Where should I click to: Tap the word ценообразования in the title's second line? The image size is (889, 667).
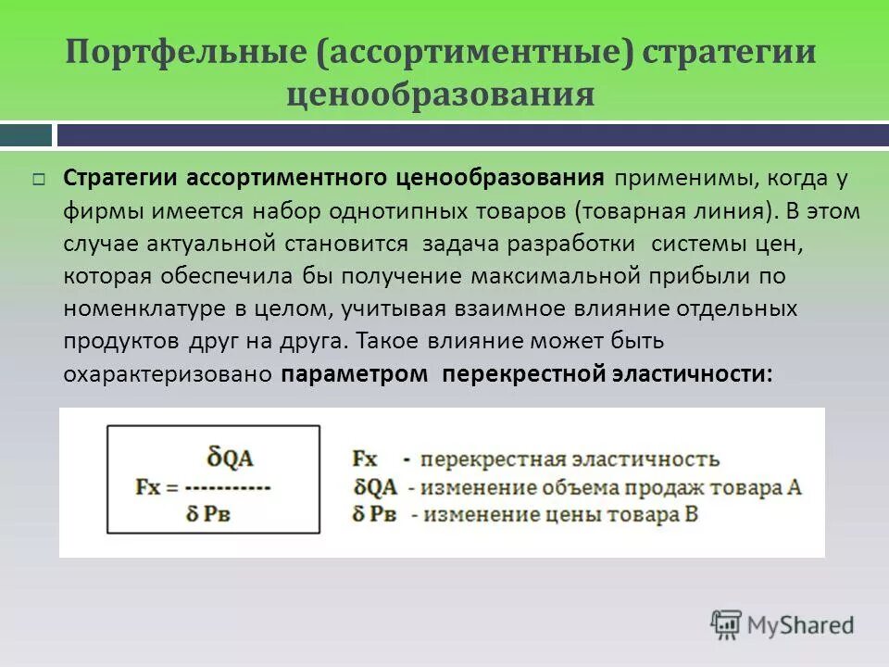pyautogui.click(x=441, y=94)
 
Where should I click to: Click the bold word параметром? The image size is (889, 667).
pyautogui.click(x=355, y=374)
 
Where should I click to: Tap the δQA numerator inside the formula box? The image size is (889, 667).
pyautogui.click(x=232, y=458)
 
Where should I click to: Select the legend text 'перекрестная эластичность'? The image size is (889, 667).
pyautogui.click(x=569, y=459)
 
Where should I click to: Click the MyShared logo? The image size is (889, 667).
pyautogui.click(x=783, y=623)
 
